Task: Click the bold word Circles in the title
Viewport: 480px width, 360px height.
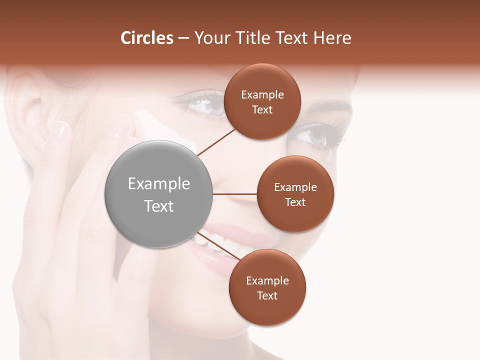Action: click(146, 38)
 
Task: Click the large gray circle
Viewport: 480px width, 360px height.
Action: click(159, 194)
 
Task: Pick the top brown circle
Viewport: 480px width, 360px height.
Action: click(262, 101)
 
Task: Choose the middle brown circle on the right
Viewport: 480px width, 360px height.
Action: click(295, 194)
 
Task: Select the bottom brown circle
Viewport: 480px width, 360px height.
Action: click(267, 287)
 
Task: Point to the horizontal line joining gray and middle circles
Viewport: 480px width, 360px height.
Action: click(235, 194)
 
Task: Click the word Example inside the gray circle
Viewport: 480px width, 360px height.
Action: click(159, 184)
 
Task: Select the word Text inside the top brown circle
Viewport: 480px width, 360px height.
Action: click(262, 110)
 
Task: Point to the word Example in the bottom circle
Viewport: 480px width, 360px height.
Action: click(267, 280)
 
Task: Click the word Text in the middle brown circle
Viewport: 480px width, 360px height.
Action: click(295, 202)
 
